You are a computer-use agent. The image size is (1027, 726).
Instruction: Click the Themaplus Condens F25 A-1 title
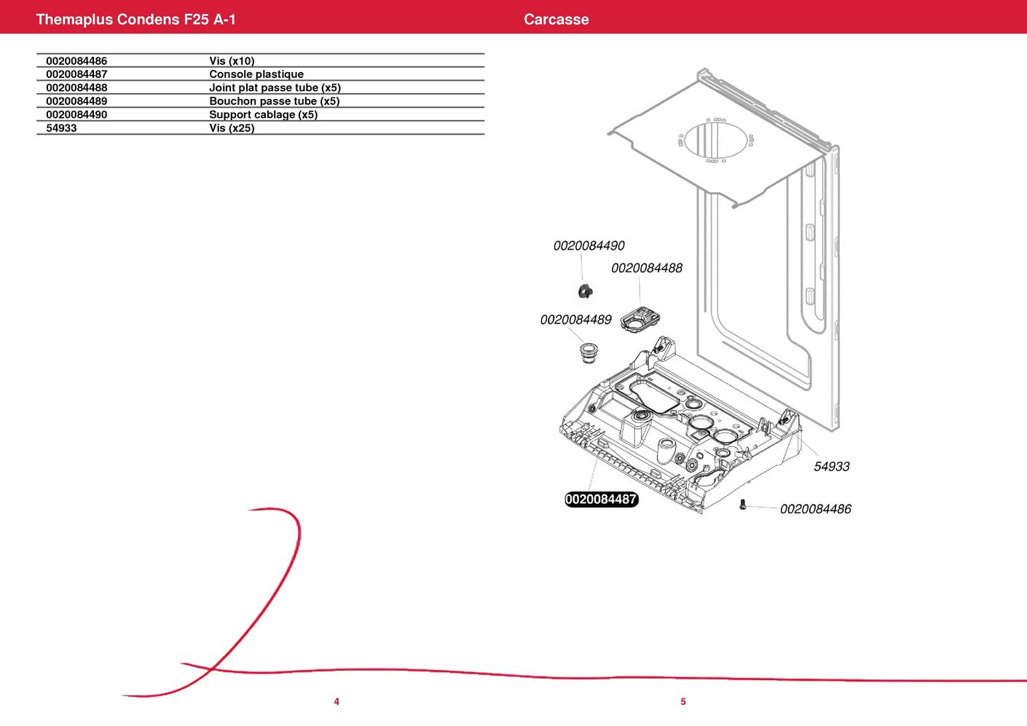(x=135, y=19)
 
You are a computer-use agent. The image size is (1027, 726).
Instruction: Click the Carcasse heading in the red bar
(x=556, y=19)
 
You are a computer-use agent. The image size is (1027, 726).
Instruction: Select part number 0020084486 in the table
(x=76, y=61)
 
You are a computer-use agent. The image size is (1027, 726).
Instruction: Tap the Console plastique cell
(x=256, y=74)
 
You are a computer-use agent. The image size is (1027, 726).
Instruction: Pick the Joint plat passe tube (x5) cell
(x=275, y=87)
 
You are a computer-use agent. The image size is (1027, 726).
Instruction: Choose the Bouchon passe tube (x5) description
(x=274, y=100)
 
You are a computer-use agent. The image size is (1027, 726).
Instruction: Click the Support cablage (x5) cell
(x=264, y=114)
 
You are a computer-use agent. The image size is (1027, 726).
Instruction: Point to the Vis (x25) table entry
(x=232, y=128)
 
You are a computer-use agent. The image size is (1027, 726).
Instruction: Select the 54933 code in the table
(x=61, y=128)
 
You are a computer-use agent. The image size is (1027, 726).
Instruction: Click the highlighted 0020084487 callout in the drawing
(x=602, y=499)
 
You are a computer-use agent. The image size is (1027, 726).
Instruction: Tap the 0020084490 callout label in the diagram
(x=589, y=245)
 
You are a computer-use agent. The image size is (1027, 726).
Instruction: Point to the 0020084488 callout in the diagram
(x=647, y=268)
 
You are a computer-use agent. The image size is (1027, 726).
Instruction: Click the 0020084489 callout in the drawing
(x=575, y=320)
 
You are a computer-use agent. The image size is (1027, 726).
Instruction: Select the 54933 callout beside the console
(x=831, y=467)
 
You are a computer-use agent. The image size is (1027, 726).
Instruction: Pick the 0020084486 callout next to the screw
(x=815, y=509)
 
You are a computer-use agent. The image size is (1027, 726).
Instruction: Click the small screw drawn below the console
(x=743, y=505)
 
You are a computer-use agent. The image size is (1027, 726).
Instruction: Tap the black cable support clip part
(x=586, y=291)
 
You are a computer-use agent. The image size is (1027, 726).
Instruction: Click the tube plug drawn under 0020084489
(x=588, y=352)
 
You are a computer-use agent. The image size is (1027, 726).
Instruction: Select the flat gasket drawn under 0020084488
(x=640, y=320)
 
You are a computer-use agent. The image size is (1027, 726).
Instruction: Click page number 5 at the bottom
(x=683, y=702)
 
